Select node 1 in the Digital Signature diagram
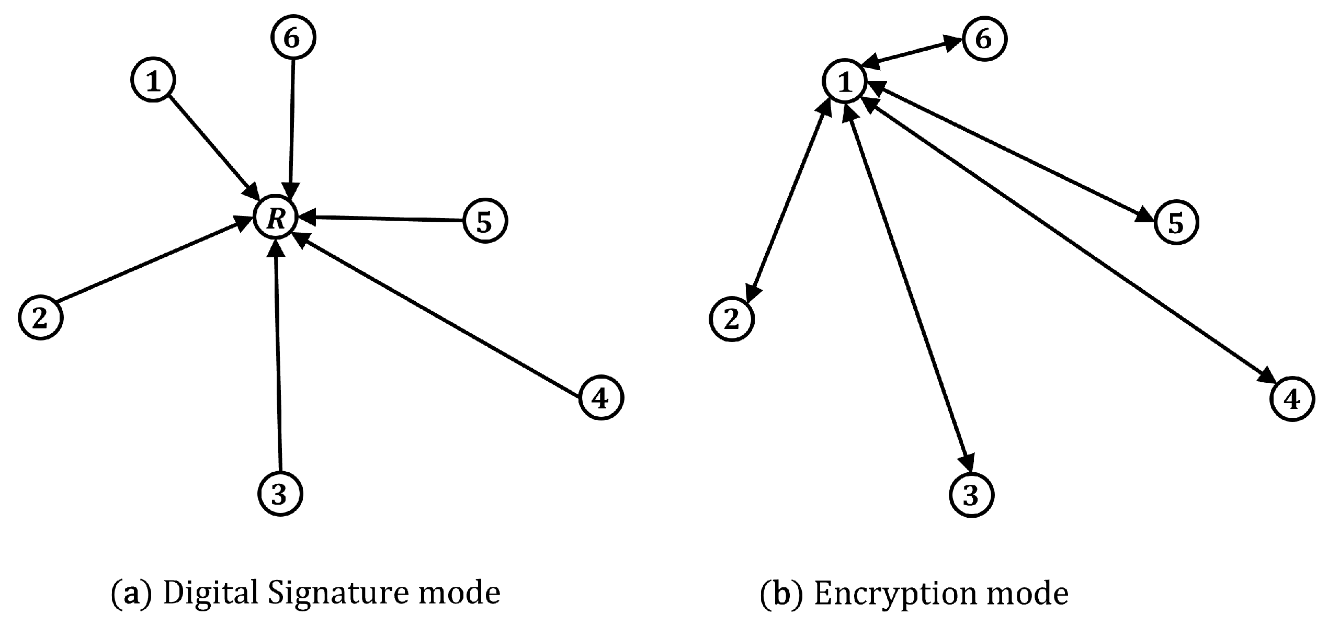pyautogui.click(x=153, y=81)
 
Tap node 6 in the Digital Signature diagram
pyautogui.click(x=293, y=38)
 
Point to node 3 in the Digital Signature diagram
pyautogui.click(x=280, y=494)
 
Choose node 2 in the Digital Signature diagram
pyautogui.click(x=41, y=318)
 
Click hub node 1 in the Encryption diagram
pyautogui.click(x=845, y=82)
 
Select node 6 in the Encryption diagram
pyautogui.click(x=984, y=39)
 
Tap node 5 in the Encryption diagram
pyautogui.click(x=1175, y=223)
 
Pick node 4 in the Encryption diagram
pyautogui.click(x=1291, y=400)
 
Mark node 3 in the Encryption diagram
pyautogui.click(x=971, y=495)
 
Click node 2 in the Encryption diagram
pyautogui.click(x=732, y=319)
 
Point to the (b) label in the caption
pyautogui.click(x=780, y=594)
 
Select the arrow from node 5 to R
pyautogui.click(x=387, y=219)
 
